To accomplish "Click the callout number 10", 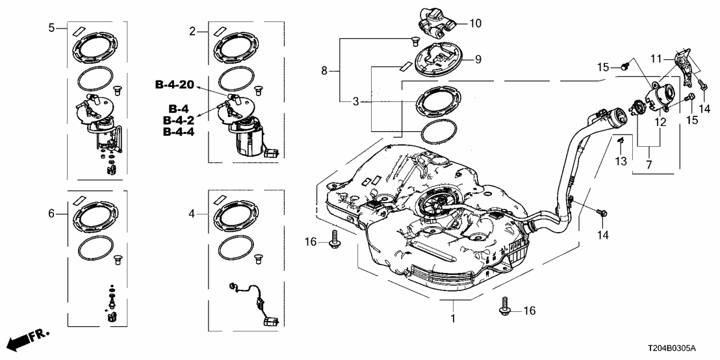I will tap(476, 23).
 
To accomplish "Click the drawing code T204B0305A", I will tap(678, 349).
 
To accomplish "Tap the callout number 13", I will tap(620, 161).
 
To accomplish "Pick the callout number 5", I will tap(52, 28).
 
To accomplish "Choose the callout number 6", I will tap(52, 213).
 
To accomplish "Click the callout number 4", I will tap(192, 213).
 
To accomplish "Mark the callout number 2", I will tap(192, 31).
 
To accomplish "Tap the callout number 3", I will tap(355, 101).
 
